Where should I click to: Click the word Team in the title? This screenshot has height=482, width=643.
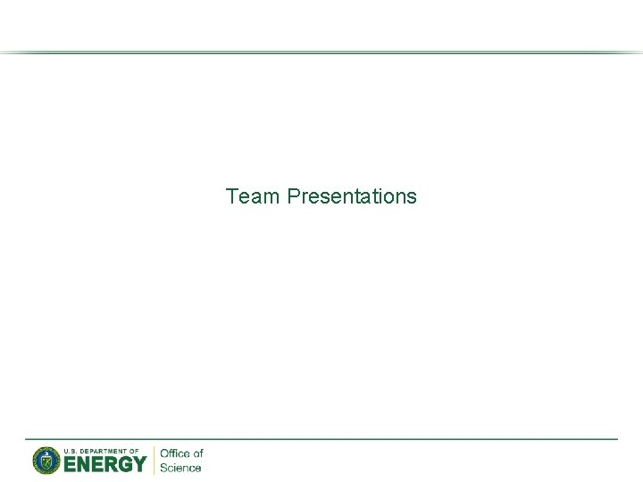tap(254, 195)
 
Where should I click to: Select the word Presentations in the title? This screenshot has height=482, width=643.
tap(352, 195)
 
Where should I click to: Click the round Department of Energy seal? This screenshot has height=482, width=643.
tap(46, 461)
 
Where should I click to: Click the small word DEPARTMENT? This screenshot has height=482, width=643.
tap(106, 451)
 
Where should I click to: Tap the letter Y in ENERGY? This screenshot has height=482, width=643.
tap(138, 464)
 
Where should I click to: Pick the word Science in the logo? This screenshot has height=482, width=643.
tap(180, 468)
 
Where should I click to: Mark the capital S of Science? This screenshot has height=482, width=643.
tap(163, 468)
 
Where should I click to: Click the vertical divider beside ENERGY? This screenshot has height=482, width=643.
tap(154, 461)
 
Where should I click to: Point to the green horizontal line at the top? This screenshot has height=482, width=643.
tap(321, 53)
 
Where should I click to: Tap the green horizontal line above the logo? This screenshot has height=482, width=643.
tap(321, 439)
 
